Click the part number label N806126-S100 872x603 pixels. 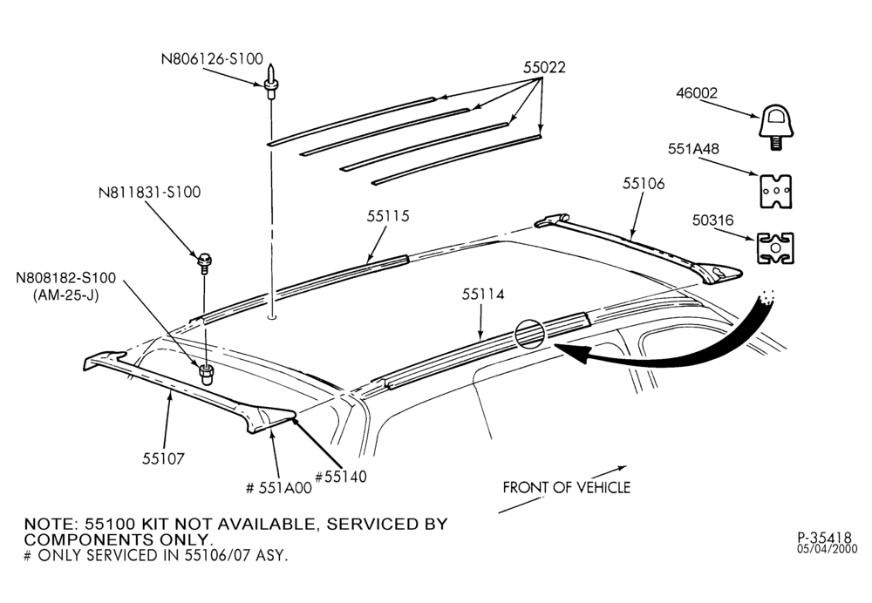[212, 59]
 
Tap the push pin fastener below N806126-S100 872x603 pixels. [270, 81]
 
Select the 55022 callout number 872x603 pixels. [544, 67]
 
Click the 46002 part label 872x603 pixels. [697, 93]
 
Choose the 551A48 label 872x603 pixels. [693, 149]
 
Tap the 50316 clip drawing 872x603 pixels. [774, 247]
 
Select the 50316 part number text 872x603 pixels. [713, 220]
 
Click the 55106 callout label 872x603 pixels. [644, 183]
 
